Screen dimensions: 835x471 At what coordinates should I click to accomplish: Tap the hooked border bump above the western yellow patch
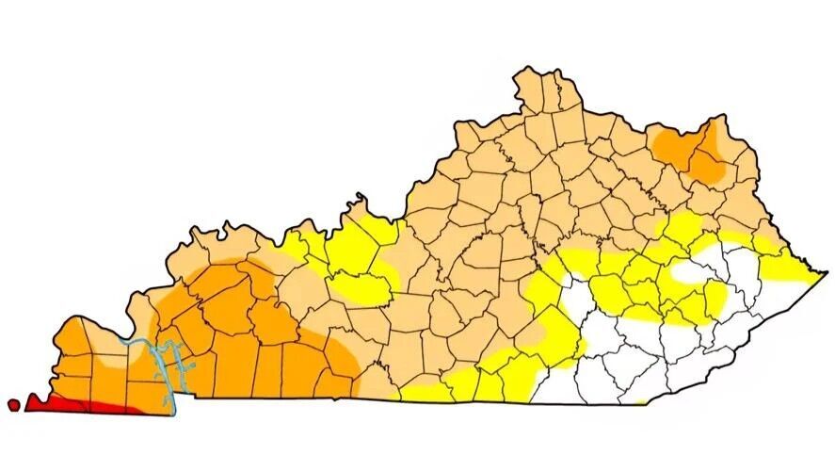(359, 201)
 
